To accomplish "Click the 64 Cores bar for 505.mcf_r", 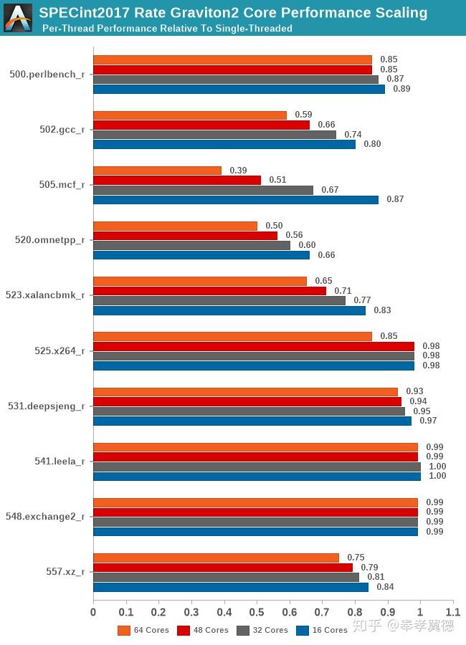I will [158, 171].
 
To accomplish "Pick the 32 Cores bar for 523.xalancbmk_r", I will [219, 300].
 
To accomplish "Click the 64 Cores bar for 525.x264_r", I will [232, 336].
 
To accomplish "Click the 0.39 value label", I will [239, 171].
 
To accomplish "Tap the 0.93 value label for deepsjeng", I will [415, 391].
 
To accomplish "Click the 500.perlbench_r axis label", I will [47, 75].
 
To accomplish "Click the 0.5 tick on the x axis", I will [257, 612].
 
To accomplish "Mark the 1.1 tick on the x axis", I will [452, 612].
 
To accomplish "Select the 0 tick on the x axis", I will [93, 612].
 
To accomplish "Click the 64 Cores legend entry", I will [144, 630].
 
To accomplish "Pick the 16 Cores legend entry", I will [323, 630].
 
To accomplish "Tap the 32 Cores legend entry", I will [263, 630].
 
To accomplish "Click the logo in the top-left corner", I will [17, 17].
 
